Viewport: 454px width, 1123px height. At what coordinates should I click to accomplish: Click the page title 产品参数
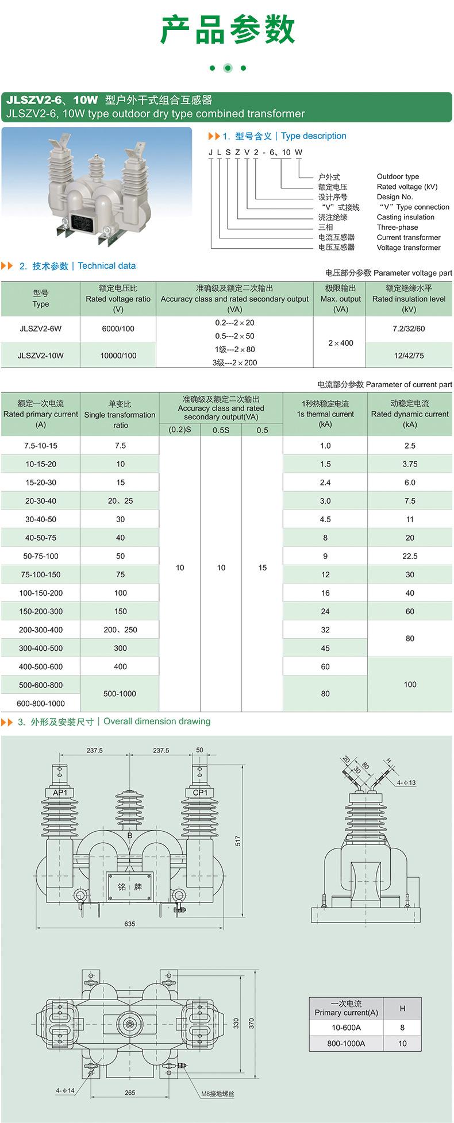click(227, 30)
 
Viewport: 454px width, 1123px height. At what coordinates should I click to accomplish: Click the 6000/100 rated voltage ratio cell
click(118, 329)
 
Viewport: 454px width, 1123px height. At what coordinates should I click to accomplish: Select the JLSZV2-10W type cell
click(40, 356)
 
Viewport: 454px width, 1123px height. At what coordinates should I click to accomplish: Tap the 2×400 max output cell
click(341, 343)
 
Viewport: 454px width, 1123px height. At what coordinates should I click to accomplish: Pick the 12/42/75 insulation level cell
click(409, 356)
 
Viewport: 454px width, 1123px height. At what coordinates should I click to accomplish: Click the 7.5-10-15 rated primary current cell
click(41, 446)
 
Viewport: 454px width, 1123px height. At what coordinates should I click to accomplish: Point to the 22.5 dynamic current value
click(410, 556)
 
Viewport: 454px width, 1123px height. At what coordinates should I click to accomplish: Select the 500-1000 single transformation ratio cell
click(120, 693)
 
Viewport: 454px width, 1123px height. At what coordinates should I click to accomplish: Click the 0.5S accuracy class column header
click(221, 430)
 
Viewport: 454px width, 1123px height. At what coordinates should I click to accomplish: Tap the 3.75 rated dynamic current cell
click(410, 464)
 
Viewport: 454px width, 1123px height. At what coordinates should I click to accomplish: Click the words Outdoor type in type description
click(398, 177)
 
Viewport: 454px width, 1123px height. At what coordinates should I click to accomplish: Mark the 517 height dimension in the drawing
click(238, 840)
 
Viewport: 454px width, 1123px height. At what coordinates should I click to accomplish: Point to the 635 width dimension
click(129, 924)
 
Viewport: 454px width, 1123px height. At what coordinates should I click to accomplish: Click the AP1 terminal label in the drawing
click(60, 793)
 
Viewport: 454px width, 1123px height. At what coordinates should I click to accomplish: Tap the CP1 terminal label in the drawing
click(200, 793)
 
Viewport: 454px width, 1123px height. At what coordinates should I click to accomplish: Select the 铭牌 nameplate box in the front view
click(130, 886)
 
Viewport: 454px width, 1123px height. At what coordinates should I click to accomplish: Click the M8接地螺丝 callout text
click(218, 1094)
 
